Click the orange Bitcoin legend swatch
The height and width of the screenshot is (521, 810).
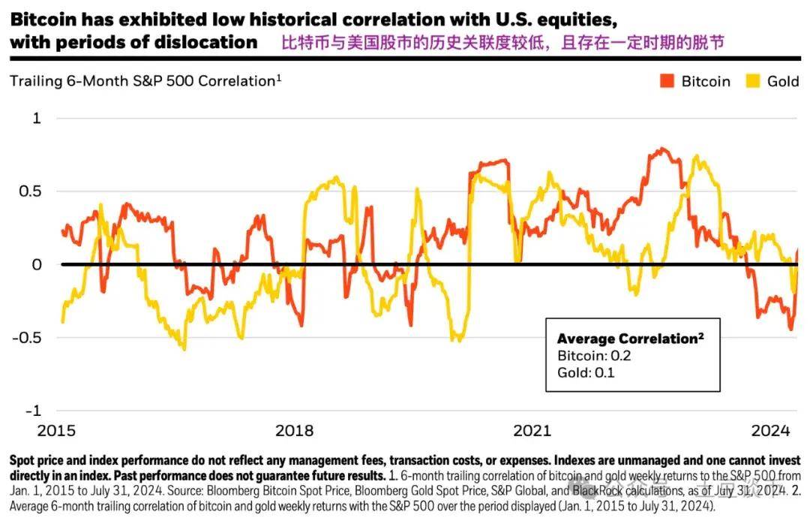point(667,81)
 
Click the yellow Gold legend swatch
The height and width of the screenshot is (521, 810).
point(754,81)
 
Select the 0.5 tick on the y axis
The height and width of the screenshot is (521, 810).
point(30,191)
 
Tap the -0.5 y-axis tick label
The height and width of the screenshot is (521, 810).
point(27,338)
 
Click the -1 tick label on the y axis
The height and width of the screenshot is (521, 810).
point(33,411)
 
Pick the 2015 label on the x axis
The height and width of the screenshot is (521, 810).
point(56,432)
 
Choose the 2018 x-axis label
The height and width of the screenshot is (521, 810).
point(295,432)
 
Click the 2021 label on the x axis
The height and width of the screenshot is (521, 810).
point(532,432)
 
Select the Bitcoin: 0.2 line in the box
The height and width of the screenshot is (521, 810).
point(594,355)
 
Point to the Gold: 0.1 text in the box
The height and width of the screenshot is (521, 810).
point(586,372)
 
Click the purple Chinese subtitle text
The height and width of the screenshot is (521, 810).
point(502,43)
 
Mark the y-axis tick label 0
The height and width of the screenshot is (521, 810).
point(37,264)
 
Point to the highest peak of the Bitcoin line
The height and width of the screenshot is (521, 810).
point(660,149)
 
